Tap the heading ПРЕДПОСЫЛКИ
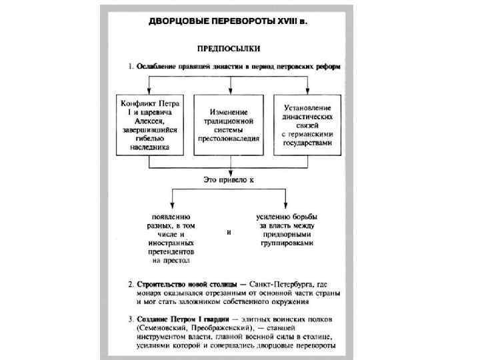(229, 49)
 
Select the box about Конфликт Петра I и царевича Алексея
(150, 126)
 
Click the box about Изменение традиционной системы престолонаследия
(229, 126)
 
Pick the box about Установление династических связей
(308, 126)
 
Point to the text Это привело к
(229, 179)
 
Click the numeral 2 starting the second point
(130, 284)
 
